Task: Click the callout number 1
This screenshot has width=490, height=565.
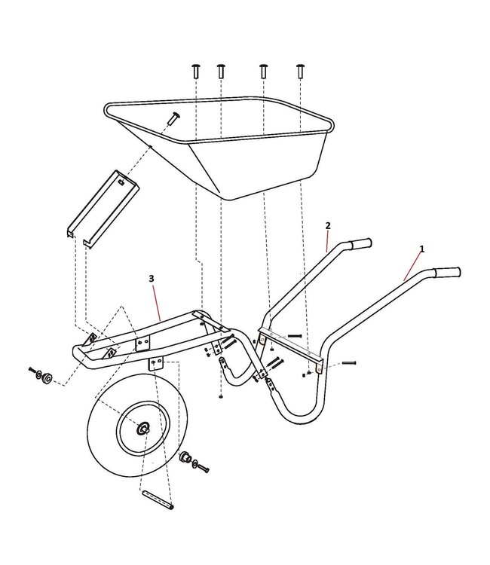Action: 421,249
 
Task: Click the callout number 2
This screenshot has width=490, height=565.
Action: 327,225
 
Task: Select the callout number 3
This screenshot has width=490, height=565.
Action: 152,278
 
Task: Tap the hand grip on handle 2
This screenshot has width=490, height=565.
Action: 360,244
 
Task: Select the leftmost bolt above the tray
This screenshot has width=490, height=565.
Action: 195,71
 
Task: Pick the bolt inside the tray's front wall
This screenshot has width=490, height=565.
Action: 174,118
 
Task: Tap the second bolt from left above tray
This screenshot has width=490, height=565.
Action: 221,71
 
